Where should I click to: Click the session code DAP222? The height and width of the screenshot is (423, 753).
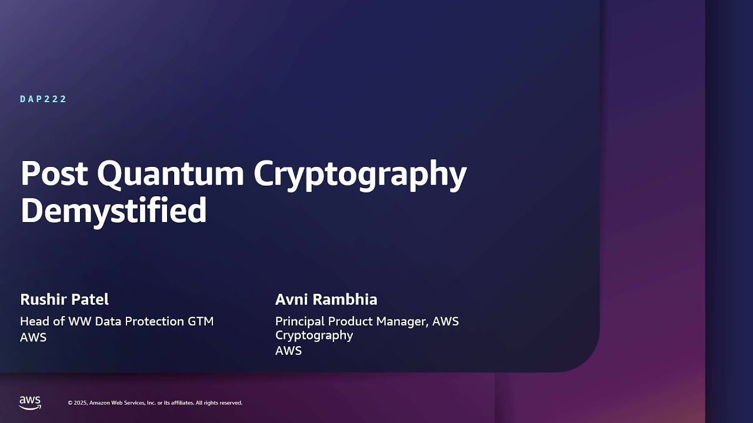pyautogui.click(x=44, y=99)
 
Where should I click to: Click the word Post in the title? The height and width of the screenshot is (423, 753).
pyautogui.click(x=54, y=173)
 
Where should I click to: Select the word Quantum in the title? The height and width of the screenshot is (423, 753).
pyautogui.click(x=171, y=173)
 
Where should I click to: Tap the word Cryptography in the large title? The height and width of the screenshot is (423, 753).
pyautogui.click(x=360, y=174)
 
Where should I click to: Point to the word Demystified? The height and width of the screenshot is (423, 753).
pyautogui.click(x=114, y=210)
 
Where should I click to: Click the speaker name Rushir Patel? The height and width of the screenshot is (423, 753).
pyautogui.click(x=64, y=299)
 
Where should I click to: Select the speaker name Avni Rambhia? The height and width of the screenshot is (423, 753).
pyautogui.click(x=326, y=299)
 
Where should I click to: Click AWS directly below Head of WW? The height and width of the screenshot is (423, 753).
pyautogui.click(x=33, y=337)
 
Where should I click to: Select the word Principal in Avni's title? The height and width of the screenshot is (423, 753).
pyautogui.click(x=299, y=321)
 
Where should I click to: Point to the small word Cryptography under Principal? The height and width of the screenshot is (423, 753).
pyautogui.click(x=314, y=335)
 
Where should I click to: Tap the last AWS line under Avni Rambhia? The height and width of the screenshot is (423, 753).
pyautogui.click(x=288, y=351)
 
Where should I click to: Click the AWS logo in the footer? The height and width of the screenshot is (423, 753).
pyautogui.click(x=30, y=402)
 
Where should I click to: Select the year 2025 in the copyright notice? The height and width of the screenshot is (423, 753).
pyautogui.click(x=81, y=403)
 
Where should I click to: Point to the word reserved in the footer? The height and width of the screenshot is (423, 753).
pyautogui.click(x=230, y=403)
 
